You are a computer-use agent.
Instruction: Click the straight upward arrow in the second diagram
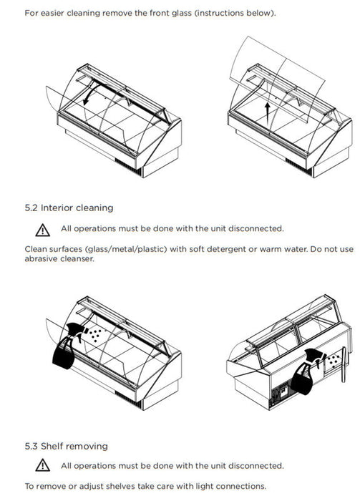[x=268, y=113]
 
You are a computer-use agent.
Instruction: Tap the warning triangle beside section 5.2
[x=42, y=230]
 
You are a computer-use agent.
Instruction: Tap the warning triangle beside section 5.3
[x=42, y=465]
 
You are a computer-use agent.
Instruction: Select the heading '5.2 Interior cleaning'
[x=69, y=208]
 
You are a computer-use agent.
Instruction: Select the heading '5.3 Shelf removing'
[x=66, y=446]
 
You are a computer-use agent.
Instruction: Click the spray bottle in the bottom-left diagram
[x=67, y=346]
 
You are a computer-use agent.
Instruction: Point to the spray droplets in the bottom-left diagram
[x=95, y=335]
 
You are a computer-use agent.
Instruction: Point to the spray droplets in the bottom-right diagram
[x=334, y=360]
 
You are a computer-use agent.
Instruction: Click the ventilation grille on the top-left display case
[x=128, y=167]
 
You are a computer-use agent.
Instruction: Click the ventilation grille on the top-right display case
[x=298, y=167]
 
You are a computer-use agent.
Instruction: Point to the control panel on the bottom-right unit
[x=283, y=391]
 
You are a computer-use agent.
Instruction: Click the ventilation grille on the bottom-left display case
[x=128, y=399]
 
